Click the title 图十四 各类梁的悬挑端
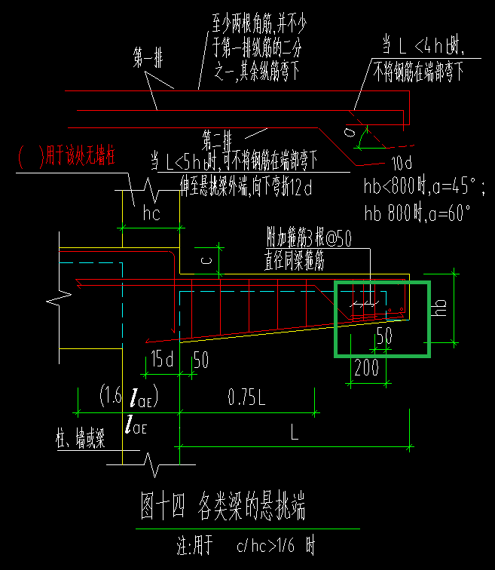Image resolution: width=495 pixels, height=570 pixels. tap(224, 507)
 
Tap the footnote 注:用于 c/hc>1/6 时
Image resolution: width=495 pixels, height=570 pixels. tap(242, 544)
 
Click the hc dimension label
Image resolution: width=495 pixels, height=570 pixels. tap(152, 214)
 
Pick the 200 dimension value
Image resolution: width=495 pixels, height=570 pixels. tap(367, 369)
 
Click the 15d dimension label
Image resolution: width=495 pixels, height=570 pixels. tap(161, 359)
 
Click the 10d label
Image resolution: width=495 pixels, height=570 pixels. tap(402, 163)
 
